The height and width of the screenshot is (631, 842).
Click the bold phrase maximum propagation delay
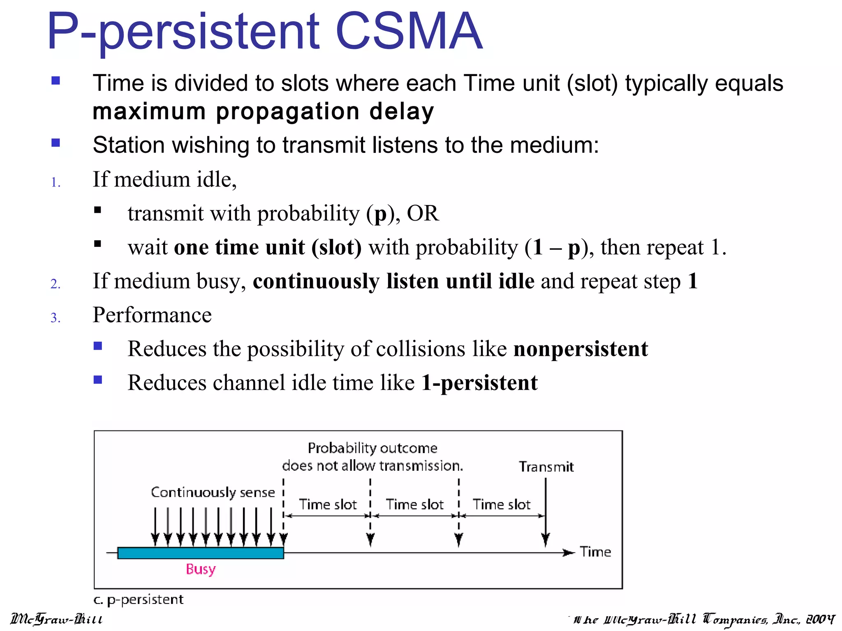tap(263, 112)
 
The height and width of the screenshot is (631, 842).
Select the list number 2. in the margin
tap(56, 284)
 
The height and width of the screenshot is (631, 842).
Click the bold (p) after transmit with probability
tap(381, 214)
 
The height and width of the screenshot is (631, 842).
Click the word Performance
tap(152, 315)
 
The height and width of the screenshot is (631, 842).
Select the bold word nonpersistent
tap(581, 349)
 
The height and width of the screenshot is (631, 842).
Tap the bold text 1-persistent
tap(479, 383)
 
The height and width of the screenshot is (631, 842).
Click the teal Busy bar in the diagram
tap(200, 553)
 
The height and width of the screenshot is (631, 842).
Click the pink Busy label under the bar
tap(201, 569)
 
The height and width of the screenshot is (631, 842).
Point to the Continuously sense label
tap(213, 492)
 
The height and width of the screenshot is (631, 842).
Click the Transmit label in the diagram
tap(546, 467)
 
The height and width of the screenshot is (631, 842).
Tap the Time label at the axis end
tap(595, 552)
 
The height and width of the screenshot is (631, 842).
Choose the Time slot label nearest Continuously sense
tap(328, 504)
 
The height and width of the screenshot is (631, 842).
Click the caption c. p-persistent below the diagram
tap(138, 600)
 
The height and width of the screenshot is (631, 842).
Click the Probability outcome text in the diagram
tap(372, 448)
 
